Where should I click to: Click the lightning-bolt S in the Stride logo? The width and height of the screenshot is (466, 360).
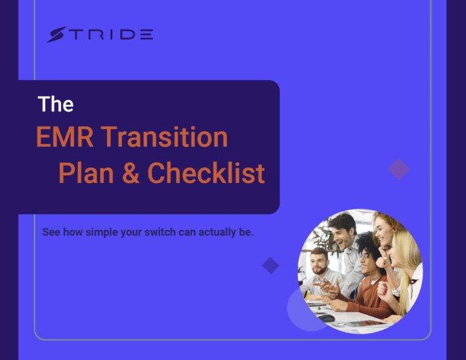(x=56, y=35)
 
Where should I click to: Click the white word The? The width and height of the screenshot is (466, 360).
(x=56, y=104)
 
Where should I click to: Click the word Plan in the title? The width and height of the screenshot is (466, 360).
(x=86, y=173)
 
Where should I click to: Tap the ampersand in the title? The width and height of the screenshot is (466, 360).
(x=131, y=173)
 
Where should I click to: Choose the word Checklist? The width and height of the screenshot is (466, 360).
(x=206, y=173)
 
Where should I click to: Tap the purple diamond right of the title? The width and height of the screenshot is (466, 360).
(x=399, y=169)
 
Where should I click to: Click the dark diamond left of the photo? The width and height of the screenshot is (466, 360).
(x=271, y=266)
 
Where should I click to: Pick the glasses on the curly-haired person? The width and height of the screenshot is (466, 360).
(x=365, y=256)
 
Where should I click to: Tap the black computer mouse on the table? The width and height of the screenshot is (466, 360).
(x=326, y=318)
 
